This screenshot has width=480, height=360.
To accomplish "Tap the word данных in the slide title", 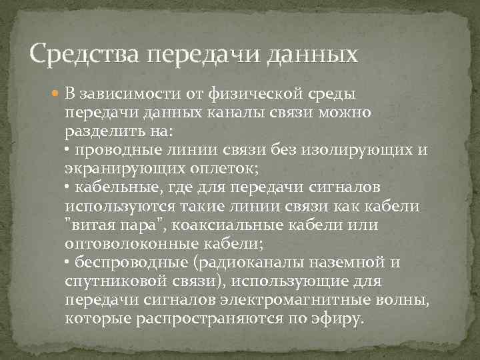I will click(313, 53).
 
